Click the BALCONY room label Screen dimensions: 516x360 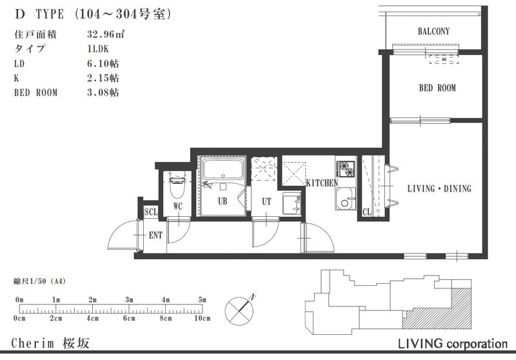433,31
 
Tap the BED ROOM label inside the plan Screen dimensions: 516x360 437,88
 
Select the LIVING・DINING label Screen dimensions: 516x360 439,188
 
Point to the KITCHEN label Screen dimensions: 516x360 322,183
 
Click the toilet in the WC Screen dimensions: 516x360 177,185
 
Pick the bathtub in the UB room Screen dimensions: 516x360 223,169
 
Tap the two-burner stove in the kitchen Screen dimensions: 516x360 346,169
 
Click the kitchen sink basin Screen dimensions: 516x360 346,199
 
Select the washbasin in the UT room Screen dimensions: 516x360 292,204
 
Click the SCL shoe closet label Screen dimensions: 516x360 151,212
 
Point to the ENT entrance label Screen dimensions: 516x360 155,235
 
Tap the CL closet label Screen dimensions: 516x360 367,212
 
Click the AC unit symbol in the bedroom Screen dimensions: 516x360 444,59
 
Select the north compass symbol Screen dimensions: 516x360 239,310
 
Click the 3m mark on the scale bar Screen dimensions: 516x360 129,300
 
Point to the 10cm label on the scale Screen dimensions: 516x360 202,318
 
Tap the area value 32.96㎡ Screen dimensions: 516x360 106,34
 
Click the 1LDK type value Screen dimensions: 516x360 98,48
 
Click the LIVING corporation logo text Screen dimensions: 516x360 453,344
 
